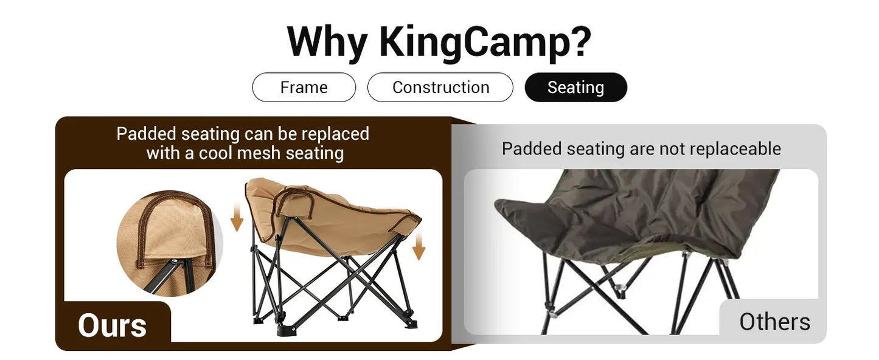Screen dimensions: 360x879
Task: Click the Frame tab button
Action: tap(304, 88)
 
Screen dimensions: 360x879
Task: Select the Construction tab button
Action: tap(440, 88)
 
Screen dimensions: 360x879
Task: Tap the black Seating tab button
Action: tap(575, 88)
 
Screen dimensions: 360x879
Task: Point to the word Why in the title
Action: tap(327, 43)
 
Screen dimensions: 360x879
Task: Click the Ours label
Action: tap(112, 325)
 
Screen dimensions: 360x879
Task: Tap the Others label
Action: tap(774, 322)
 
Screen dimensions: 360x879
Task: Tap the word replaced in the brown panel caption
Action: tap(335, 133)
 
